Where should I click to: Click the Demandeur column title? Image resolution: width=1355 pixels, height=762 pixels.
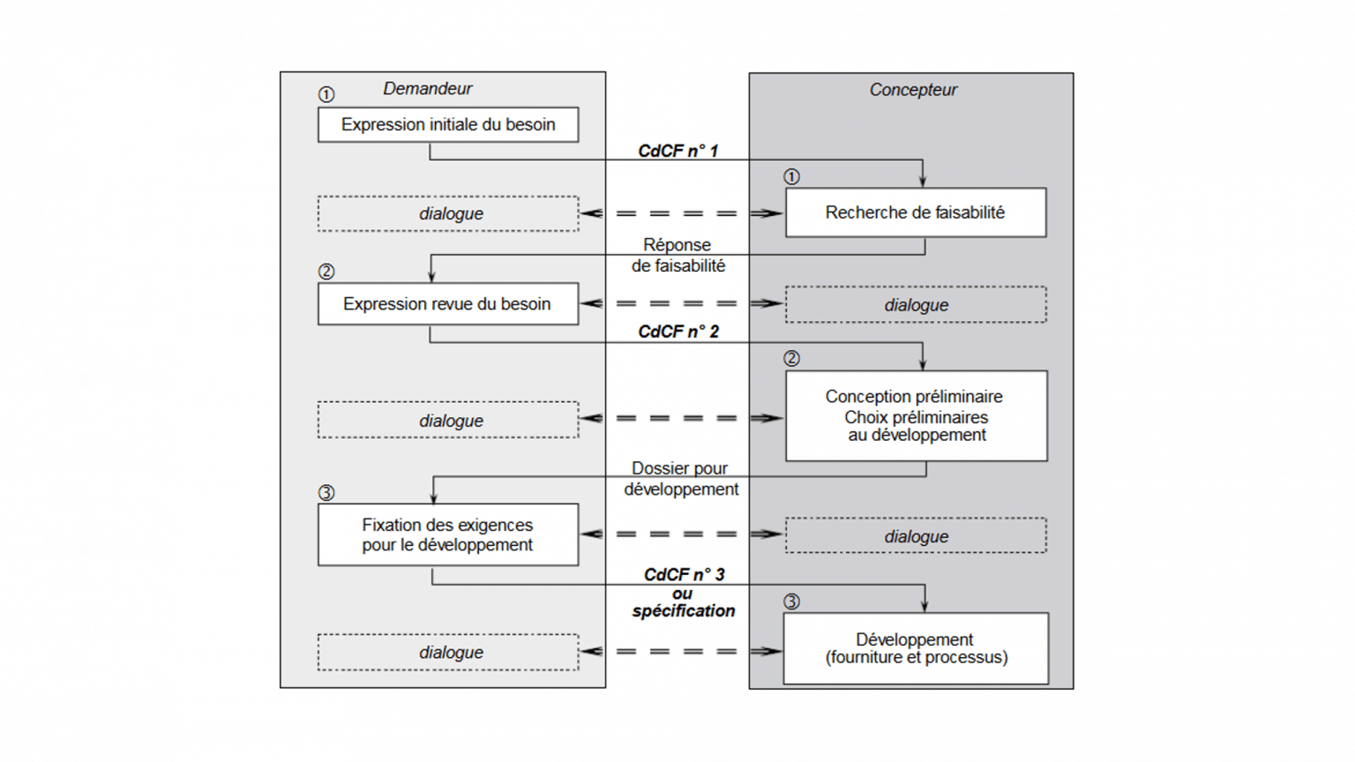(x=427, y=88)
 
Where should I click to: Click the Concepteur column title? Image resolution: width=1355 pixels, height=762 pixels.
(x=913, y=89)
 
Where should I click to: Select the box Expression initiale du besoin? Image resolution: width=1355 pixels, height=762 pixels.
(x=448, y=124)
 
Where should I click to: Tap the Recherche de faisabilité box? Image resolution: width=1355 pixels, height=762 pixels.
(x=915, y=212)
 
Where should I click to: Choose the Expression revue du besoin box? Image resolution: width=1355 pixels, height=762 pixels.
(x=447, y=303)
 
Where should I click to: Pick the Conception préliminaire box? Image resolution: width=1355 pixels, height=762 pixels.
(x=916, y=415)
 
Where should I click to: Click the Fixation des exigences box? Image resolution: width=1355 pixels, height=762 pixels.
(x=447, y=534)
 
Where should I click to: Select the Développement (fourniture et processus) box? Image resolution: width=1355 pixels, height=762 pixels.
(x=916, y=648)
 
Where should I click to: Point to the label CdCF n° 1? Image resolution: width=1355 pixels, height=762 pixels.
(x=677, y=151)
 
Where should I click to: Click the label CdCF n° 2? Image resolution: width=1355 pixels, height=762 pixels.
(x=677, y=331)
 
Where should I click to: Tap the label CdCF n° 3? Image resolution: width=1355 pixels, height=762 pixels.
(x=684, y=574)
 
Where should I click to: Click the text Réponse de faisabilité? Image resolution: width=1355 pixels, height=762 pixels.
(x=677, y=255)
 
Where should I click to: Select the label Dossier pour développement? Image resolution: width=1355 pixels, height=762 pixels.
(x=680, y=479)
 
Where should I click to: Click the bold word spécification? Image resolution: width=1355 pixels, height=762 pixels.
(x=683, y=610)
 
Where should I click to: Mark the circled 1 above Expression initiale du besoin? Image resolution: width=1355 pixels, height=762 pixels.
(x=326, y=94)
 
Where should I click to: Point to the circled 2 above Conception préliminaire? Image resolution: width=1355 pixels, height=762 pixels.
(x=791, y=358)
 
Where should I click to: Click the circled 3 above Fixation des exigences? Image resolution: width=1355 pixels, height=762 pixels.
(x=326, y=492)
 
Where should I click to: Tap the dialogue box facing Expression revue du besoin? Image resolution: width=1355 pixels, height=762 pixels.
(x=916, y=304)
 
